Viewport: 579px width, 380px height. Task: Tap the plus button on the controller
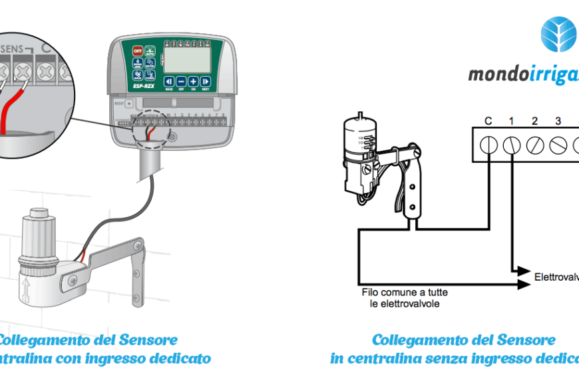[x=193, y=81]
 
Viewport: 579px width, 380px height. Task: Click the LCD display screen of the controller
[x=184, y=60]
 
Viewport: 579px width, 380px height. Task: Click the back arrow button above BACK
[x=169, y=81]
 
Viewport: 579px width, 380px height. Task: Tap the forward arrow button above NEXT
[x=206, y=81]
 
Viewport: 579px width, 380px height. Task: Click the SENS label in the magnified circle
[x=14, y=49]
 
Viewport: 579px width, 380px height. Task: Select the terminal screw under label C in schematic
[x=488, y=145]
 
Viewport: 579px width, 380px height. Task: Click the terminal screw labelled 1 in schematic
[x=511, y=145]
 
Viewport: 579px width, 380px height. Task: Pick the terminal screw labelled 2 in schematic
[x=534, y=145]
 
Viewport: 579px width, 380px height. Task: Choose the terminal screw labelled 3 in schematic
[x=558, y=145]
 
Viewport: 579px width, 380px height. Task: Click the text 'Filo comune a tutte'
[x=404, y=293]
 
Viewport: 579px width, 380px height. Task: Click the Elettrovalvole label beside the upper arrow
[x=556, y=276]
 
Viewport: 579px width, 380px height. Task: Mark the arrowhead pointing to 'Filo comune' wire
[x=526, y=284]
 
